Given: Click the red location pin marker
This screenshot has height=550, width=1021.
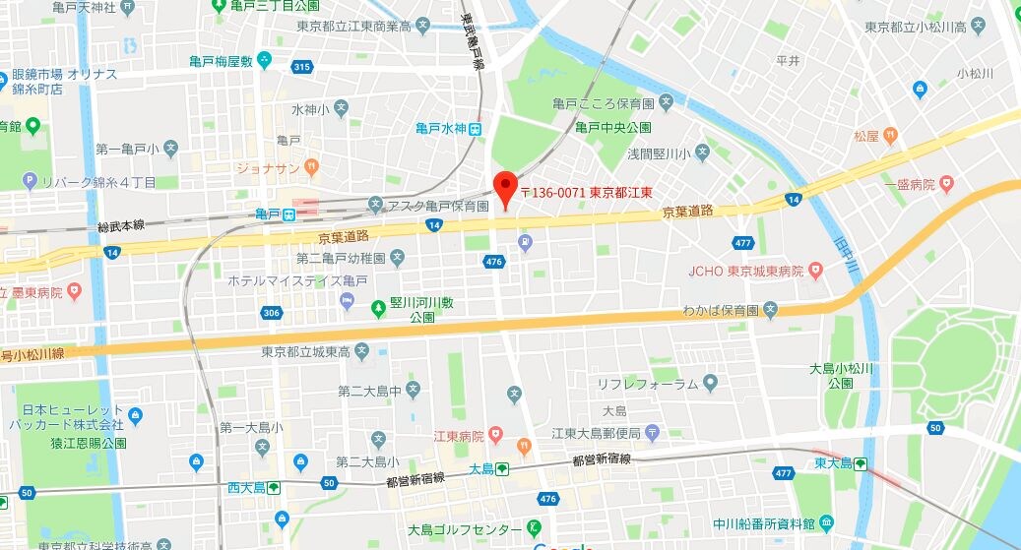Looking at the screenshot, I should (504, 188).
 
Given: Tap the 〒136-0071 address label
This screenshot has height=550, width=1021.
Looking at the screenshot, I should (588, 193).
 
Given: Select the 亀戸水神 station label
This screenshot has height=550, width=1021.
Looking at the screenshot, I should (440, 128).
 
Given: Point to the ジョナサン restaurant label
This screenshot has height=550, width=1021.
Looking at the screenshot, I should (268, 168).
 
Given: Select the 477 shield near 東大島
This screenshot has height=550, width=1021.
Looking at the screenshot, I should (784, 473).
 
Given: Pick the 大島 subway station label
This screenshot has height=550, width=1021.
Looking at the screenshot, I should (480, 469).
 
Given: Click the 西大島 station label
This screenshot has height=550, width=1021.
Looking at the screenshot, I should (246, 487).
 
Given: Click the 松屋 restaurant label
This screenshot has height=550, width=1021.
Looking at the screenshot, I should (866, 135).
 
